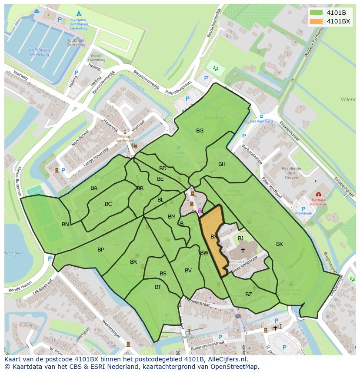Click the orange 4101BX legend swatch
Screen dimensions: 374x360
(x=317, y=21)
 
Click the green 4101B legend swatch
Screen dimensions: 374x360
(x=317, y=13)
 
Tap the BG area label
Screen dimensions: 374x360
(x=200, y=130)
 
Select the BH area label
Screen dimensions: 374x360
(x=222, y=164)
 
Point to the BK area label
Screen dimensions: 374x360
(x=280, y=244)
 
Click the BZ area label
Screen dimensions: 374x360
(x=249, y=294)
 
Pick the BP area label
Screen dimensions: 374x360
(x=100, y=249)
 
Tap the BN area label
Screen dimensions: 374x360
(x=65, y=224)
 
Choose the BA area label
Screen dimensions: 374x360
(x=94, y=188)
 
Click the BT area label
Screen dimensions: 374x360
(x=158, y=287)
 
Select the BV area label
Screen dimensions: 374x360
(x=188, y=270)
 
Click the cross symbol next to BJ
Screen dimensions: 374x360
(x=243, y=250)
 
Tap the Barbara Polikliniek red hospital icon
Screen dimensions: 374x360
(x=319, y=195)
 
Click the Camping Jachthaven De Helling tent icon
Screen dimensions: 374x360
(x=79, y=13)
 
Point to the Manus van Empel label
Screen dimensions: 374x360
(x=125, y=138)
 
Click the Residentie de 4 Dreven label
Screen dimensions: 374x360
(x=291, y=173)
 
